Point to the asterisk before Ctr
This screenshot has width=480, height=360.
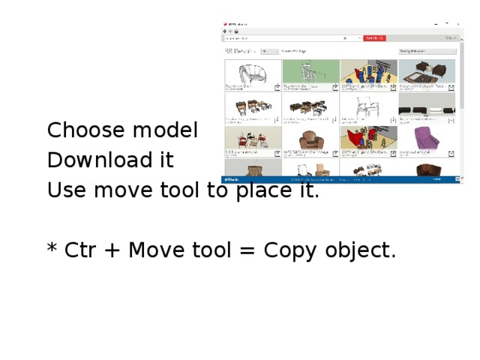[52, 247]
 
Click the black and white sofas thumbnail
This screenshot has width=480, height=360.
[426, 106]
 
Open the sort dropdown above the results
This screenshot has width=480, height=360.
[427, 52]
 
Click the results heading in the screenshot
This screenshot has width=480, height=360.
[240, 52]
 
